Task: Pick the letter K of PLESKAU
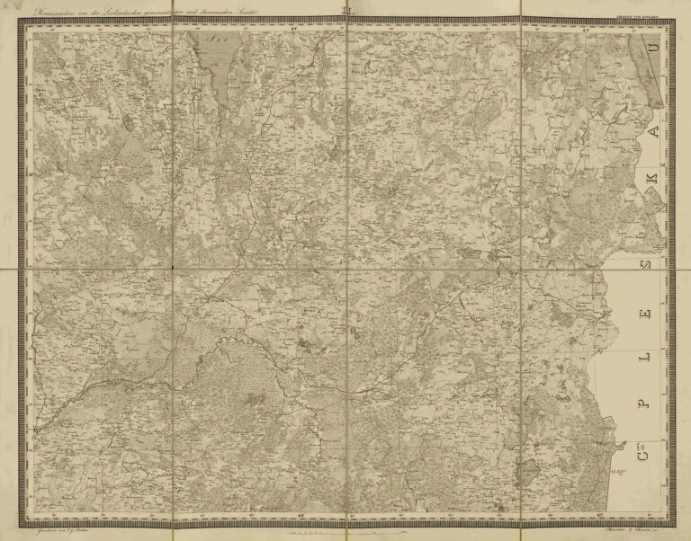coord(642,191)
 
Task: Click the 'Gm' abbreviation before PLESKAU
coord(642,459)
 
